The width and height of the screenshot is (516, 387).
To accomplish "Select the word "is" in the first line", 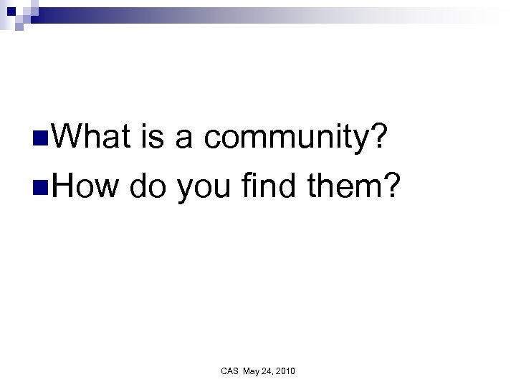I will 159,137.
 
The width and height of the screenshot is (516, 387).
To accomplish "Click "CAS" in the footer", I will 230,371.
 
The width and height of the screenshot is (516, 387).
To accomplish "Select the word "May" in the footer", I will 252,371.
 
